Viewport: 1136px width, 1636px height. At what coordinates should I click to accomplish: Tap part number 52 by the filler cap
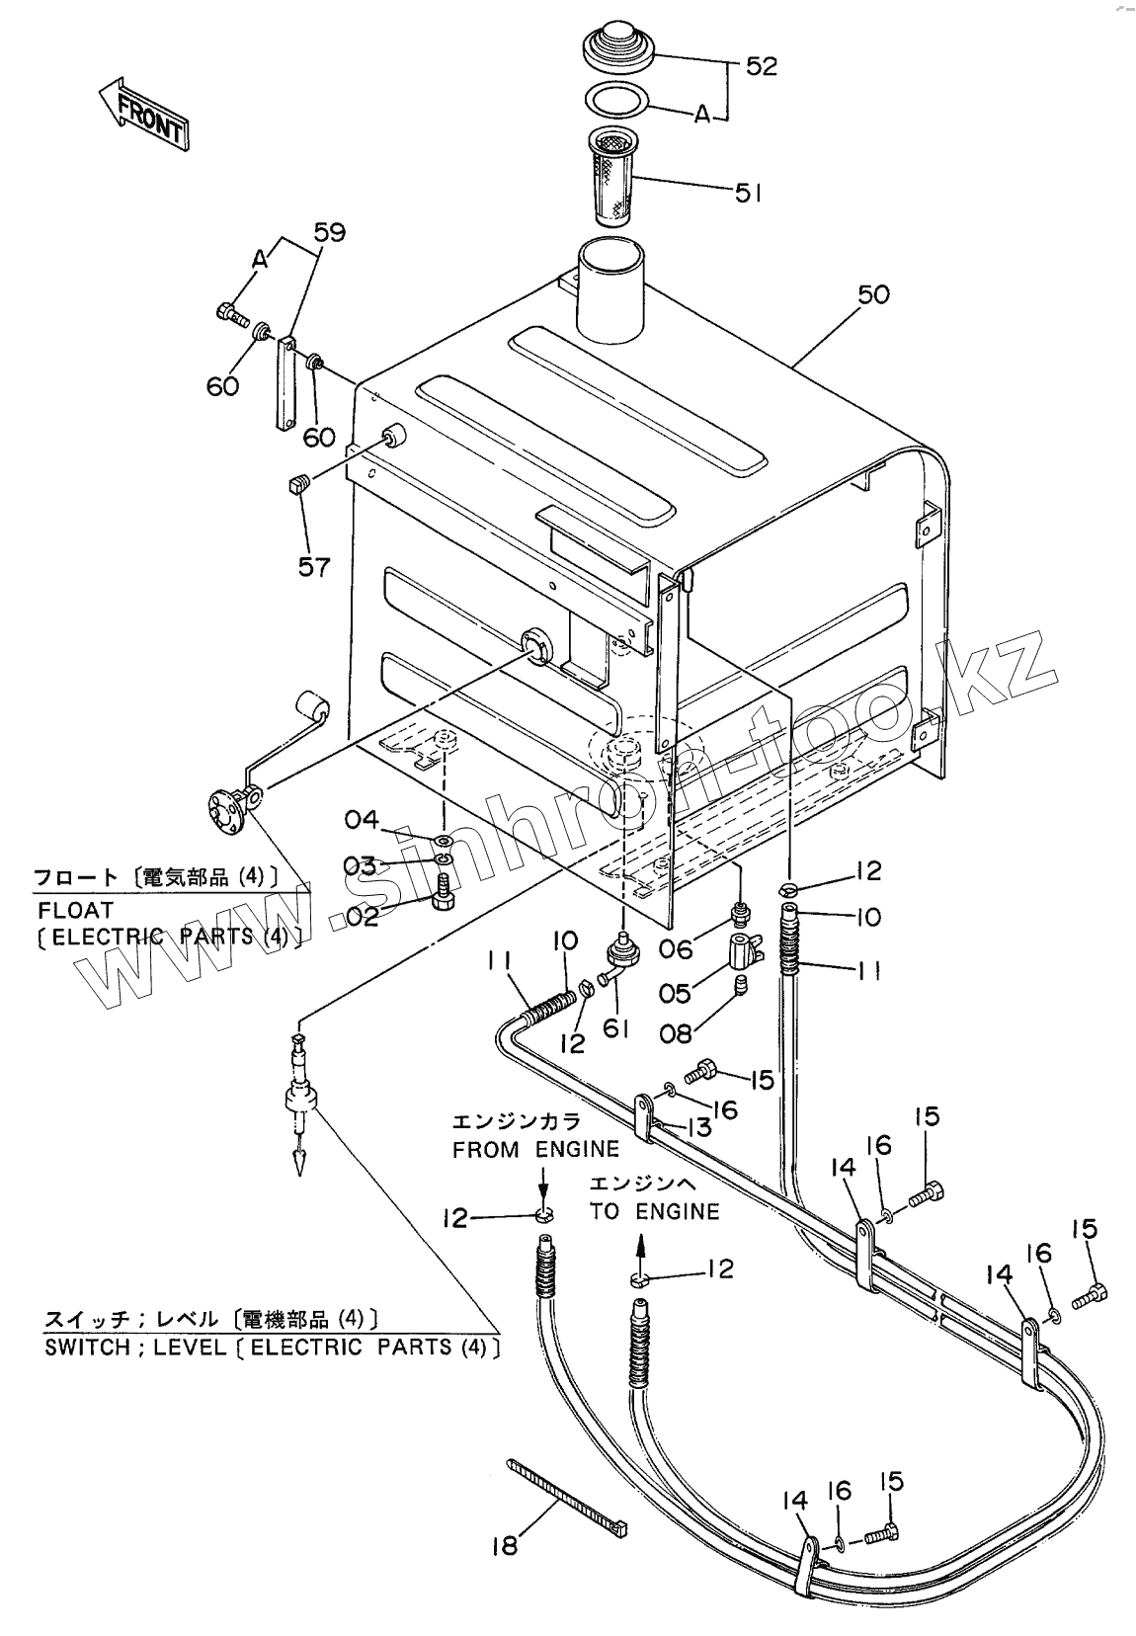click(x=761, y=66)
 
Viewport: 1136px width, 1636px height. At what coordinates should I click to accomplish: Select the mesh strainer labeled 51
click(x=615, y=175)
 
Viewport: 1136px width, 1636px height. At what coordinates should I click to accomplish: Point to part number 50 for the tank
click(x=872, y=294)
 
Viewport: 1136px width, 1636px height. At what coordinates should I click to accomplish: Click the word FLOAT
click(x=75, y=909)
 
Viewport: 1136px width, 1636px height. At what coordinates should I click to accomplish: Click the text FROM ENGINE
click(x=535, y=1148)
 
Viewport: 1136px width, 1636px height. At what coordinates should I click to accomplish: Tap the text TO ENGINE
click(x=654, y=1211)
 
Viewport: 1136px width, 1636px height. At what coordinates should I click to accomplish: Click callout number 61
click(x=615, y=1028)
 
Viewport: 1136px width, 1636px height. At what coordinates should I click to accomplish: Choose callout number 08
click(x=676, y=1033)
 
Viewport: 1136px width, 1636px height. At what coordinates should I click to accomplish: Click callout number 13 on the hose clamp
click(x=698, y=1125)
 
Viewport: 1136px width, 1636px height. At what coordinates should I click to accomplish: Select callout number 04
click(x=362, y=819)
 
